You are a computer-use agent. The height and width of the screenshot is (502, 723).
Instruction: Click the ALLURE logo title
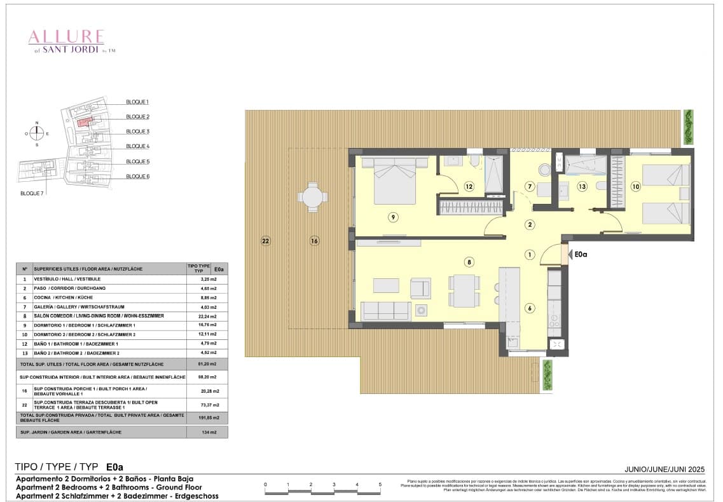[67, 37]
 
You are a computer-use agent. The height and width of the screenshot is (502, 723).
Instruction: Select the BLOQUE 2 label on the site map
[137, 117]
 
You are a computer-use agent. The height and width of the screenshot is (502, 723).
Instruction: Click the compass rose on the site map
[37, 133]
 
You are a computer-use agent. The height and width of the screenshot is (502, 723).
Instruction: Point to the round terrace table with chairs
[312, 196]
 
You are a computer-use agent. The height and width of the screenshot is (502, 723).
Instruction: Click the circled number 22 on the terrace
[265, 241]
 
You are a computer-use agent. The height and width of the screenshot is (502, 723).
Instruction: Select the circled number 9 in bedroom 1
[393, 217]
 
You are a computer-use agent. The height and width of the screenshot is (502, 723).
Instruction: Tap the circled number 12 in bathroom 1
[469, 187]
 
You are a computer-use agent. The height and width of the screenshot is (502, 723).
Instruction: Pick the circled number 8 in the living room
[469, 261]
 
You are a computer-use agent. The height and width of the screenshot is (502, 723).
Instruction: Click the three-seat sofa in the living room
[386, 311]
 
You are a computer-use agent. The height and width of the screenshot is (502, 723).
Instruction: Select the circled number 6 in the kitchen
[529, 308]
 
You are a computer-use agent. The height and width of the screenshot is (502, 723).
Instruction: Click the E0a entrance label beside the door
[581, 254]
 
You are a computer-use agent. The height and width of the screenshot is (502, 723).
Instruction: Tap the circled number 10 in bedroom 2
[635, 186]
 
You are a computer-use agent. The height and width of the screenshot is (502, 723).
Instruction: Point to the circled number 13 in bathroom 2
[582, 186]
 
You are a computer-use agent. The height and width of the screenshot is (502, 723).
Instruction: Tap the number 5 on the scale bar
[380, 485]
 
